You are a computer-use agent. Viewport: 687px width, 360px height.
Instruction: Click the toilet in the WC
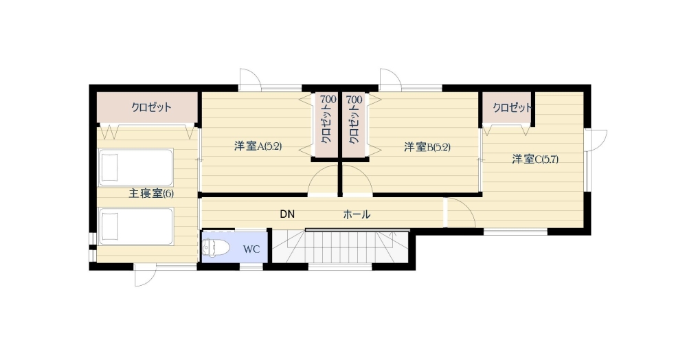[x=216, y=248]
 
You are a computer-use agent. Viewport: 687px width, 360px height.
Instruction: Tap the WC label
[x=251, y=249]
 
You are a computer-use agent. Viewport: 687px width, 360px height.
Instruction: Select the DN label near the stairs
[x=287, y=214]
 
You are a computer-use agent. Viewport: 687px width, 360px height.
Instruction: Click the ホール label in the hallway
[x=357, y=214]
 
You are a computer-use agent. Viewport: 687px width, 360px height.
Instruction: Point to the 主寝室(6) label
[x=151, y=193]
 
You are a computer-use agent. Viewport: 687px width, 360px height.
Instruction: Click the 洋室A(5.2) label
[x=258, y=146]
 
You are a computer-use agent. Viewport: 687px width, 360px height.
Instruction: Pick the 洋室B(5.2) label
[x=427, y=147]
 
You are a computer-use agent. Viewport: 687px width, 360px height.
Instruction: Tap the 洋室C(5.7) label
[x=535, y=159]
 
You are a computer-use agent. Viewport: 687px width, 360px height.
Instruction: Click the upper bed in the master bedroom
[x=136, y=168]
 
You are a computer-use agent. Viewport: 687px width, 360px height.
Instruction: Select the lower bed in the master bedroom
[x=136, y=227]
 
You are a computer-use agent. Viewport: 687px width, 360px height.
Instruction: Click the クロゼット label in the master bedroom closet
[x=152, y=107]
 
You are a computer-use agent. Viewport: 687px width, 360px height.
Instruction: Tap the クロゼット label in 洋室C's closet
[x=513, y=108]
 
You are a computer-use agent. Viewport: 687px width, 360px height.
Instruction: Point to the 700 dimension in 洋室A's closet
[x=328, y=100]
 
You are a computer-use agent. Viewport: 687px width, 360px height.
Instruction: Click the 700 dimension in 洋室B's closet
[x=354, y=100]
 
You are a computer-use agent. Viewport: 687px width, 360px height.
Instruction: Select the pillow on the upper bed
[x=109, y=168]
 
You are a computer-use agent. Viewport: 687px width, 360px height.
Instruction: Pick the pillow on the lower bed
[x=109, y=227]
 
